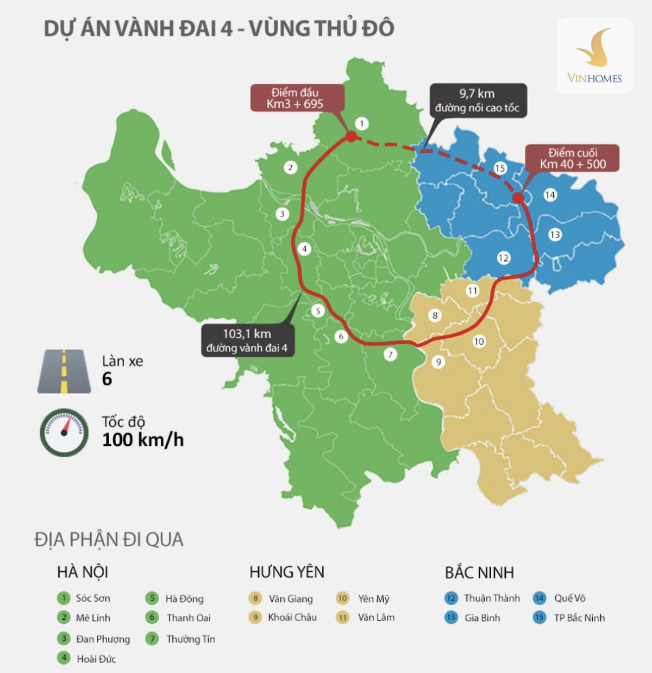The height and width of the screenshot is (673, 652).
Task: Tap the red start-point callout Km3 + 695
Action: click(297, 98)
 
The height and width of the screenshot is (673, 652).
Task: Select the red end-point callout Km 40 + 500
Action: click(572, 158)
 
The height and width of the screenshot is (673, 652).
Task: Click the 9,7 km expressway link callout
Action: click(478, 101)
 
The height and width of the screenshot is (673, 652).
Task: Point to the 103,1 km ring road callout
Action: click(248, 341)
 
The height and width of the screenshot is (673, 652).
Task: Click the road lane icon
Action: click(64, 371)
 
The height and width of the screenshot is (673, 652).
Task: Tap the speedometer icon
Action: click(64, 432)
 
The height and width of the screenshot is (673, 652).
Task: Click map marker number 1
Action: click(362, 123)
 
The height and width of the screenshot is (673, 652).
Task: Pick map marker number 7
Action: click(390, 355)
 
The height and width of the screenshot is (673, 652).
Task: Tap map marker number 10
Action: click(479, 341)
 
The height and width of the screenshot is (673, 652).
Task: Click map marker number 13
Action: click(555, 235)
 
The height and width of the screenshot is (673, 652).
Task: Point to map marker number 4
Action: click(304, 249)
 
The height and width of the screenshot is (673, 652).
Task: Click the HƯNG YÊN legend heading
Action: click(287, 572)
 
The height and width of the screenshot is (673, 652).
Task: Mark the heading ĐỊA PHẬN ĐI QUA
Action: click(109, 540)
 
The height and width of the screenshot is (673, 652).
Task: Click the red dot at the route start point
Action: click(351, 136)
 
